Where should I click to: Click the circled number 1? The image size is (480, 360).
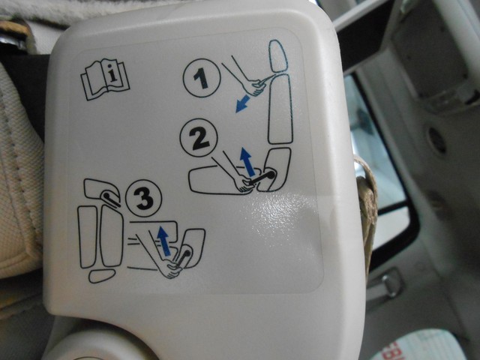(x=202, y=78)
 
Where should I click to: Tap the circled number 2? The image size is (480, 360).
(x=199, y=137)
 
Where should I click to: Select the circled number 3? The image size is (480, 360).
(x=144, y=198)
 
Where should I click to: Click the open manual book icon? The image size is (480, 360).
(x=105, y=79)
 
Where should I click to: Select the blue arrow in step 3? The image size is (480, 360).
(x=163, y=240)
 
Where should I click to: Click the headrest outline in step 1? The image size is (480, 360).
(x=277, y=56)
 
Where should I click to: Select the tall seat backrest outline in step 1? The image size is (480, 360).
(x=280, y=109)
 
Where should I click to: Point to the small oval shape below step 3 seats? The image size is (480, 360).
(x=102, y=275)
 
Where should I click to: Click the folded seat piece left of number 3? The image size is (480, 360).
(x=102, y=192)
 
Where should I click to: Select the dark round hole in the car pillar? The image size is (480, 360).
(x=437, y=140)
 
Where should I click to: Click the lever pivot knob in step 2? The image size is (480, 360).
(x=271, y=175)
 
